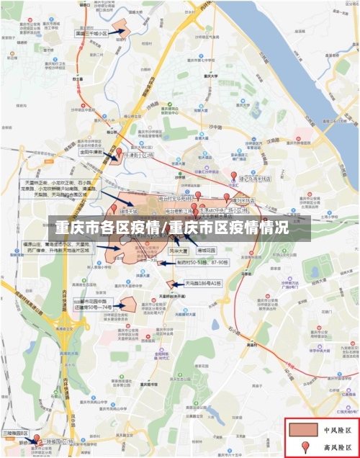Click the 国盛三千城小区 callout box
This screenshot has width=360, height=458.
pyautogui.click(x=92, y=33)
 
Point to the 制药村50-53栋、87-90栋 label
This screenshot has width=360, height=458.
pyautogui.click(x=202, y=263)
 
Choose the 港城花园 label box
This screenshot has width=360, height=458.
pyautogui.click(x=207, y=250)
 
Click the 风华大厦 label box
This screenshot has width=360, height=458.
pyautogui.click(x=178, y=250)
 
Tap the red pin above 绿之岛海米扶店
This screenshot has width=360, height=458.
pyautogui.click(x=233, y=176)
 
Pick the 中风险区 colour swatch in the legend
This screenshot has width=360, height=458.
pyautogui.click(x=303, y=430)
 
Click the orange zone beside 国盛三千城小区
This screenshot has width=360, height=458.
pyautogui.click(x=118, y=31)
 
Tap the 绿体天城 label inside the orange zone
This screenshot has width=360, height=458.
pyautogui.click(x=129, y=212)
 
